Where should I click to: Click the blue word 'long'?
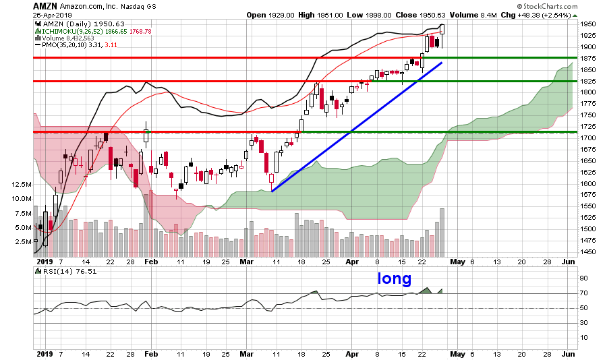pos(394,278)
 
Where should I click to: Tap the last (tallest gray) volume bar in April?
pos(442,231)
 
